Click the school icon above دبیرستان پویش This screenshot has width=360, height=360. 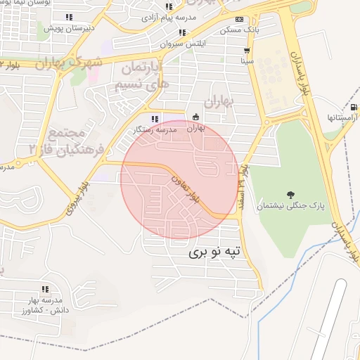68,17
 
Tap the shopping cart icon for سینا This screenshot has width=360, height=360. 247,51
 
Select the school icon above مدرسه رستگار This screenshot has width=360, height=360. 155,117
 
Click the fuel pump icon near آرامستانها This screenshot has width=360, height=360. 353,107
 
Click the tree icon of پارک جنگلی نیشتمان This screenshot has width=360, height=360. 290,194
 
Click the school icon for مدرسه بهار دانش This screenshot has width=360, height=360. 45,289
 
